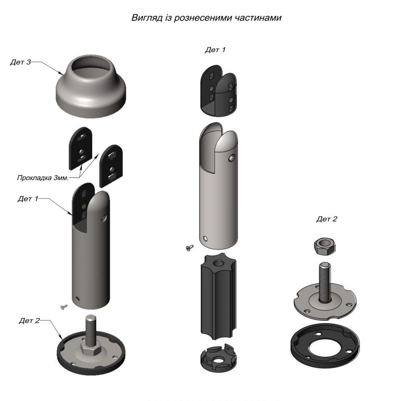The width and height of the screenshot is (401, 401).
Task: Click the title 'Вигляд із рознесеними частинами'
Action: click(x=207, y=18)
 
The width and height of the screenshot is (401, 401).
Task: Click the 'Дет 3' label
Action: click(x=20, y=62)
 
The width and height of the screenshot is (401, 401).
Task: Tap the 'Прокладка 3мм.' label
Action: click(x=43, y=178)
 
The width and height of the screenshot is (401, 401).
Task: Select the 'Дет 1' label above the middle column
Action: click(x=215, y=50)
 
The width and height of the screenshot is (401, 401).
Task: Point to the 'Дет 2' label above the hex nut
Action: click(x=327, y=219)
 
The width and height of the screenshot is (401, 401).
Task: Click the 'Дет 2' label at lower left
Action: click(x=29, y=320)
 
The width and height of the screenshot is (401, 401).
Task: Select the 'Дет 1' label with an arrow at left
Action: click(x=28, y=198)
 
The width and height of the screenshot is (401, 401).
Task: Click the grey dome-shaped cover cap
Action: click(x=91, y=86)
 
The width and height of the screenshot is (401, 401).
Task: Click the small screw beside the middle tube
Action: click(x=190, y=247)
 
